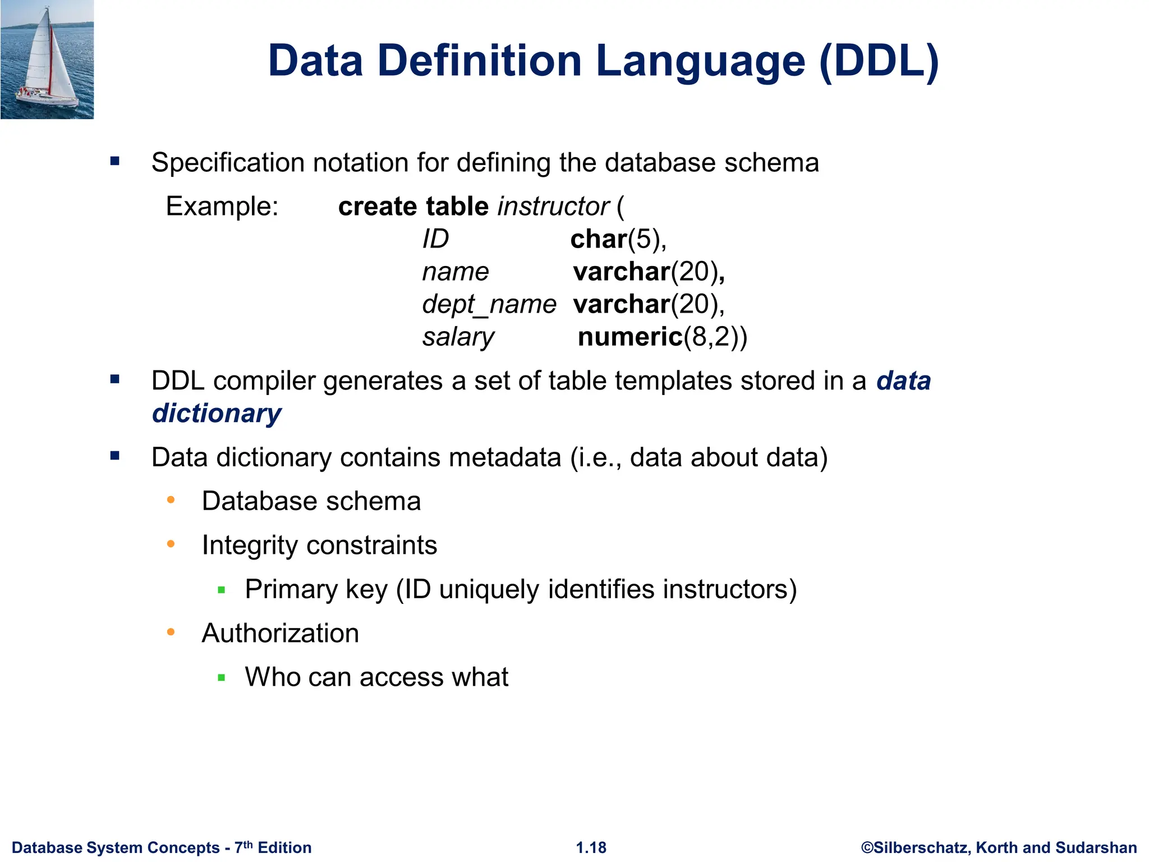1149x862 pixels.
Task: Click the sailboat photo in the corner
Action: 47,59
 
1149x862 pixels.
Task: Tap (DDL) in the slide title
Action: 879,61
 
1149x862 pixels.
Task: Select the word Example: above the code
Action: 222,207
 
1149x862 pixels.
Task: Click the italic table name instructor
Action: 553,207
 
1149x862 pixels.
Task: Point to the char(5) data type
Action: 618,240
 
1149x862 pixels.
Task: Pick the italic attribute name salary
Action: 458,337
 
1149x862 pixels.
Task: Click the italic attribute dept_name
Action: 489,305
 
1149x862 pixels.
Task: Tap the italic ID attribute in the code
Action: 435,240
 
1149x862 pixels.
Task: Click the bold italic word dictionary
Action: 217,414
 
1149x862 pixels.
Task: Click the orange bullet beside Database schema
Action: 171,499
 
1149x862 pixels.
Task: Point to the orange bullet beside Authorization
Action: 171,632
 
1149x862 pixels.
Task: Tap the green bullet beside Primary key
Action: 222,590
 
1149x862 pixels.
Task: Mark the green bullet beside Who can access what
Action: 222,678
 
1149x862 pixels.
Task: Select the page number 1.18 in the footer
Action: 591,847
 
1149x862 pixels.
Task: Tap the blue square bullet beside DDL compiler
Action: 115,380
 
